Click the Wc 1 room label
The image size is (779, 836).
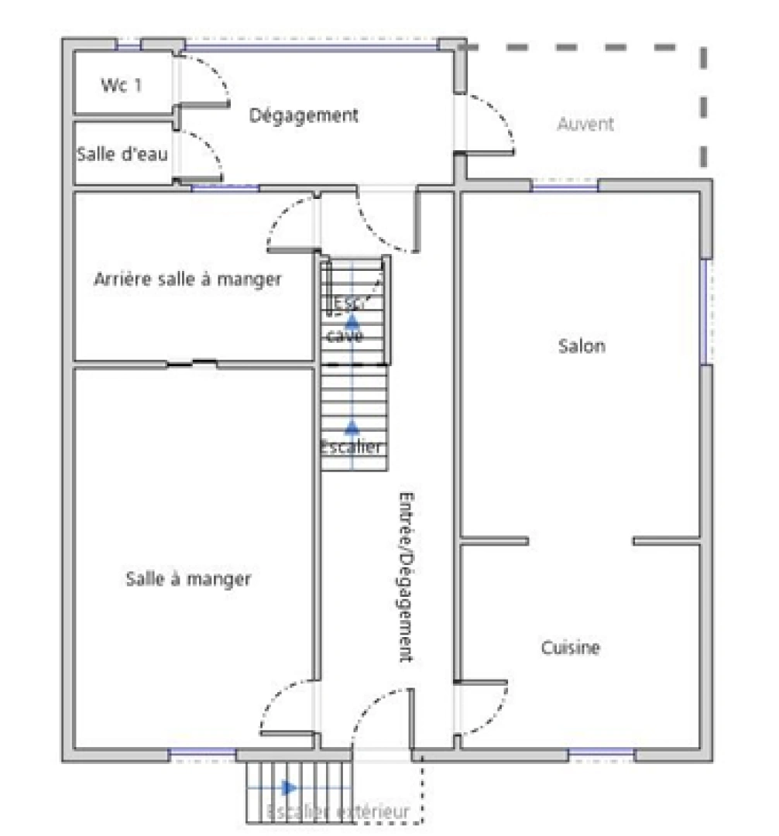click(x=122, y=85)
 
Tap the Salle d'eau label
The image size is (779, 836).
click(x=122, y=154)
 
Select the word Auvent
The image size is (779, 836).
click(x=585, y=124)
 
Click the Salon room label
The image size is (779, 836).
click(x=582, y=346)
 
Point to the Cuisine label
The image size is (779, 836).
click(x=570, y=647)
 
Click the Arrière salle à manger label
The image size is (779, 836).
click(x=187, y=279)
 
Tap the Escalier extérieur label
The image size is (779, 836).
click(x=337, y=812)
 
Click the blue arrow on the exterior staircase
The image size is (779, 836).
click(x=289, y=788)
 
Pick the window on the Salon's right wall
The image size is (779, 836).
click(x=705, y=311)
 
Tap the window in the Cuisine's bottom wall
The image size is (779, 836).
click(x=601, y=752)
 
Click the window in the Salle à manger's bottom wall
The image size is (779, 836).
click(x=202, y=752)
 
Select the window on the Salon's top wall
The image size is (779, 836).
click(x=565, y=186)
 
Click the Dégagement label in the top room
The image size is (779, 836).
click(x=304, y=115)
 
